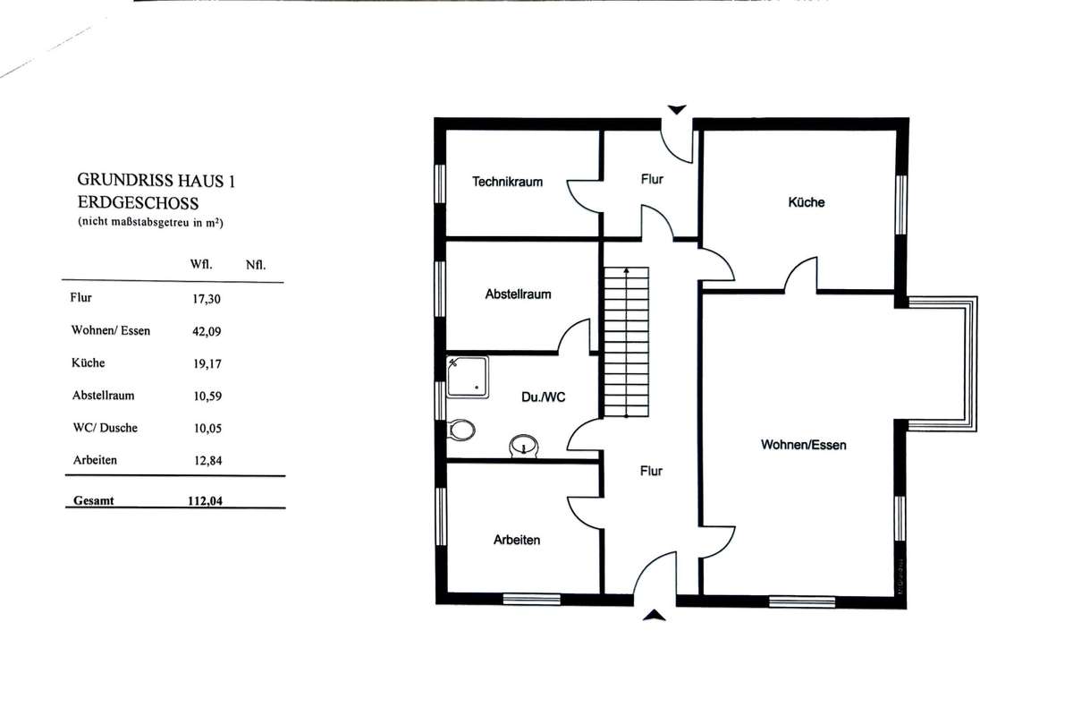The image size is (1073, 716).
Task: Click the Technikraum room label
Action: point(507,182)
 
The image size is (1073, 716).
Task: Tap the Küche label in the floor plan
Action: point(807,202)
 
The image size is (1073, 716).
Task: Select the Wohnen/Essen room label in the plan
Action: point(803,445)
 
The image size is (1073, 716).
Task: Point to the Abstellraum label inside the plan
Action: point(518,294)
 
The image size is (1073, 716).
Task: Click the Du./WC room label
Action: point(544,397)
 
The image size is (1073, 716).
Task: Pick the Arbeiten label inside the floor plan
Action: point(517,540)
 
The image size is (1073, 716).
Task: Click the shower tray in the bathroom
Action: point(468,377)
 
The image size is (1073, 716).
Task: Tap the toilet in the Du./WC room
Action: point(460,430)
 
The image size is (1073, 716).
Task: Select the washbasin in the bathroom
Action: point(524,446)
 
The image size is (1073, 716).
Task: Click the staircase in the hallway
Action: point(626,342)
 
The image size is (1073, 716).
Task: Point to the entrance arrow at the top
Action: point(676,110)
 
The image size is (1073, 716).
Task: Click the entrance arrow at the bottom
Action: point(654,615)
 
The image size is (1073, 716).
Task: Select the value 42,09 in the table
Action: point(207,331)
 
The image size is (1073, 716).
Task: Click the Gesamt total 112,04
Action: point(205,500)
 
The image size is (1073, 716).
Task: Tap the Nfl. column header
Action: point(256,265)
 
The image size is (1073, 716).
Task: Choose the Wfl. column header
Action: point(200,264)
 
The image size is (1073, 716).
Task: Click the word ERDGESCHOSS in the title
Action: point(138,203)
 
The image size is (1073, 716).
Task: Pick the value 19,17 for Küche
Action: point(207,364)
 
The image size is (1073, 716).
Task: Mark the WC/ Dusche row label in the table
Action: point(105,428)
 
